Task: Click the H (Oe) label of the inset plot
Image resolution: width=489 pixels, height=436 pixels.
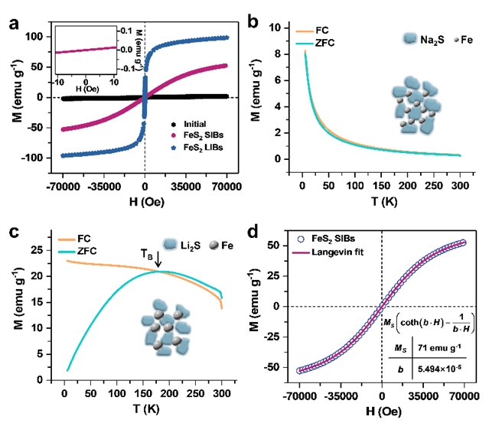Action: pos(86,91)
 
